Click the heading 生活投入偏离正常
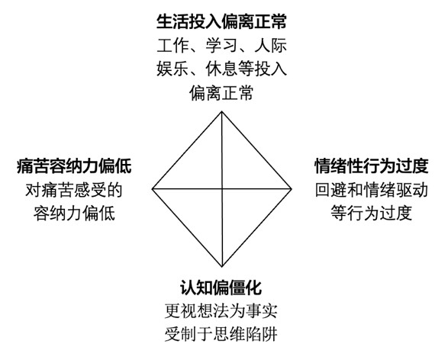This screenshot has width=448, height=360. (x=221, y=22)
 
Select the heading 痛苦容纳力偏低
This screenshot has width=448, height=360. (x=74, y=166)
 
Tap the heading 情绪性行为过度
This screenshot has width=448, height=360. (x=372, y=166)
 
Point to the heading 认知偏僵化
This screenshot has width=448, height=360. (x=221, y=288)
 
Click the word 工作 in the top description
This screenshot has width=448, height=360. (x=172, y=46)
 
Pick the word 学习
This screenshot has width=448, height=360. (x=221, y=46)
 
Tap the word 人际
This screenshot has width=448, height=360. (x=271, y=46)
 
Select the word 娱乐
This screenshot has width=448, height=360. (x=172, y=69)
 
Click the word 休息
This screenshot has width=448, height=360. (x=221, y=69)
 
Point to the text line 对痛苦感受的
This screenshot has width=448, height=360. (x=74, y=190)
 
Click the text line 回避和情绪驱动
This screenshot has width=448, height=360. (x=372, y=190)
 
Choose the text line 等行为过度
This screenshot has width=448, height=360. (x=372, y=213)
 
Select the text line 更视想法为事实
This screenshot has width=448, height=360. (x=221, y=311)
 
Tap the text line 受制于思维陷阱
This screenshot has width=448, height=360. (x=221, y=334)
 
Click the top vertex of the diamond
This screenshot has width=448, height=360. (x=222, y=111)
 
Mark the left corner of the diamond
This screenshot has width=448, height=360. (x=153, y=188)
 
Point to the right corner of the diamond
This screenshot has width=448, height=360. (x=292, y=188)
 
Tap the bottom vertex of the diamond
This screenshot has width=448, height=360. (x=222, y=267)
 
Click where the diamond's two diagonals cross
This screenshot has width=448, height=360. (x=222, y=188)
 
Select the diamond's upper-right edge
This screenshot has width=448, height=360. (x=256, y=150)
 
